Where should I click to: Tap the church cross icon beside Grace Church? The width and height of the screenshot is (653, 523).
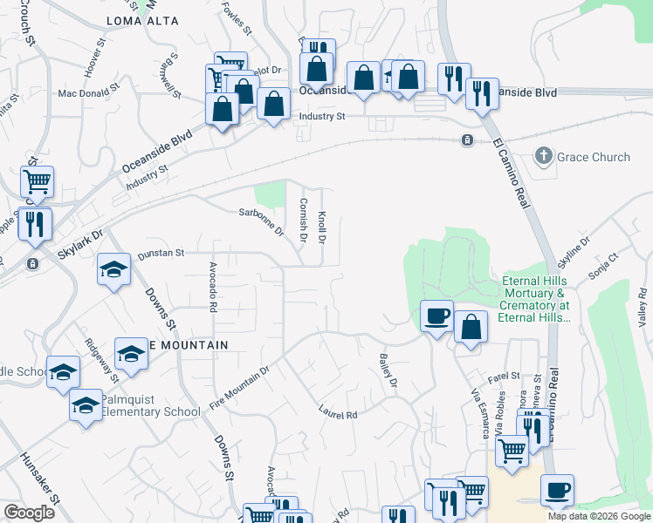[x=544, y=157]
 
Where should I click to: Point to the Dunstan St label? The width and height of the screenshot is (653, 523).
[x=161, y=253]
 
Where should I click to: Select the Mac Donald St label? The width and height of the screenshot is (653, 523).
[x=87, y=91]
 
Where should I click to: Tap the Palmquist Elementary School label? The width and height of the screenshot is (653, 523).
[x=151, y=405]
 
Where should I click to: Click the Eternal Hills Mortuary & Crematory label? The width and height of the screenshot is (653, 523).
[x=535, y=299]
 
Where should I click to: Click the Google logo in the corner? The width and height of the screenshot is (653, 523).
[x=29, y=513]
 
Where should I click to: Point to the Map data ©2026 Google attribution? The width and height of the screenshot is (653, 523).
[x=599, y=516]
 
